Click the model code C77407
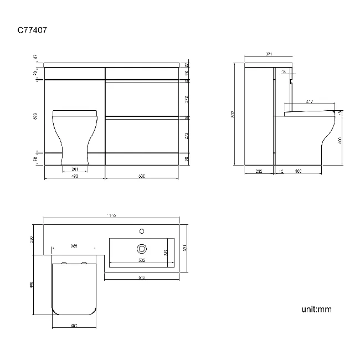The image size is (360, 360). [x=32, y=32]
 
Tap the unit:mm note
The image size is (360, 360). [x=317, y=309]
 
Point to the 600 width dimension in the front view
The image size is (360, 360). [x=141, y=176]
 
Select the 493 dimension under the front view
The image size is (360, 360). [x=74, y=176]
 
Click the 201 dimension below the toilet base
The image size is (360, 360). [x=75, y=169]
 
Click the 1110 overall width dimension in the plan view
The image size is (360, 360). [x=111, y=216]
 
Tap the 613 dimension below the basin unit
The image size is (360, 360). [x=141, y=277]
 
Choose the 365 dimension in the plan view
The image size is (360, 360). [x=74, y=245]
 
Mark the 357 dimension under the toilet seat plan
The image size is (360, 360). [x=74, y=326]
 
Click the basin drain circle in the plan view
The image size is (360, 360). [x=142, y=249]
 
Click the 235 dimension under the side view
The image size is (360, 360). [x=259, y=172]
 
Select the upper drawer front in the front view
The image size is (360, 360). [x=142, y=99]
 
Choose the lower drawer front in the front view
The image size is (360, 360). [x=142, y=137]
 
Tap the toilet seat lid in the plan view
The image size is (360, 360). [x=74, y=288]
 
